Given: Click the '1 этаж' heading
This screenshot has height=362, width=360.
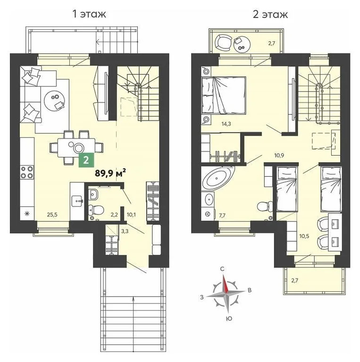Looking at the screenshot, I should click(x=89, y=14).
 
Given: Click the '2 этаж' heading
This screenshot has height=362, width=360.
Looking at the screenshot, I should click(x=270, y=14).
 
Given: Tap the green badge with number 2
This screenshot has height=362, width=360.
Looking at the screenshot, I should click(x=85, y=160).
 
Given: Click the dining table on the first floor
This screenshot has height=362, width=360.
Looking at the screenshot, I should click(x=74, y=147).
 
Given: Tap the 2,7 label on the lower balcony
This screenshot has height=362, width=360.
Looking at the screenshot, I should click(x=294, y=280).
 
